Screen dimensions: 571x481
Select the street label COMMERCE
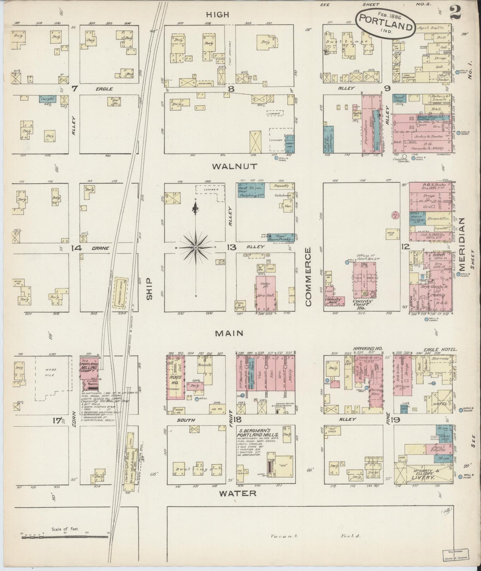tap(308, 277)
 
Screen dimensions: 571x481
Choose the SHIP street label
tap(149, 288)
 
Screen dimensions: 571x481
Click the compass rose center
tap(196, 248)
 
